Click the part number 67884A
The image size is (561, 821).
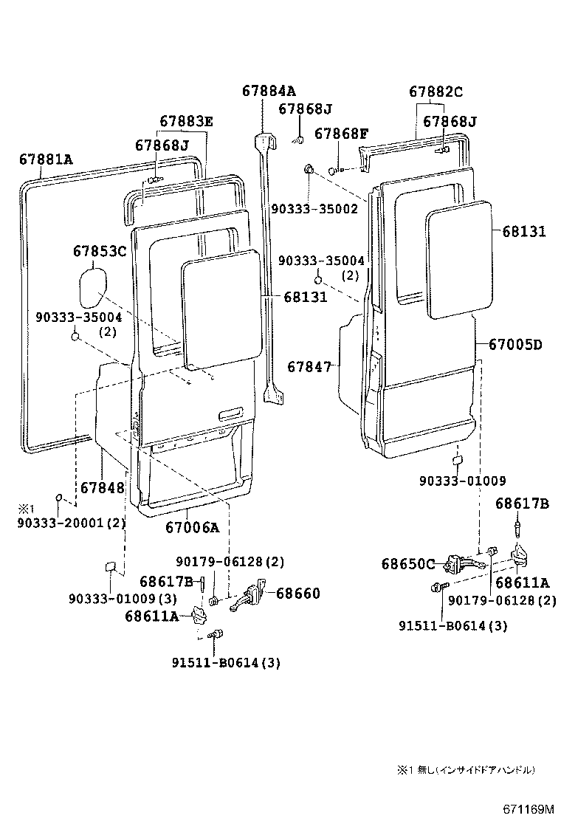coord(268,92)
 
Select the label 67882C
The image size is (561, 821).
coord(436,92)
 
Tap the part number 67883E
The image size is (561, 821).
coord(186,122)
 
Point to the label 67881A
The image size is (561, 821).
coord(46,159)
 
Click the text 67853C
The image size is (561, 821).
coord(100,252)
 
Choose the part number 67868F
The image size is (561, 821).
coord(341,134)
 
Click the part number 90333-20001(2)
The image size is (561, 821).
coord(71,523)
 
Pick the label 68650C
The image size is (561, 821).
coord(408,564)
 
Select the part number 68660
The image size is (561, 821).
coord(298,593)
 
